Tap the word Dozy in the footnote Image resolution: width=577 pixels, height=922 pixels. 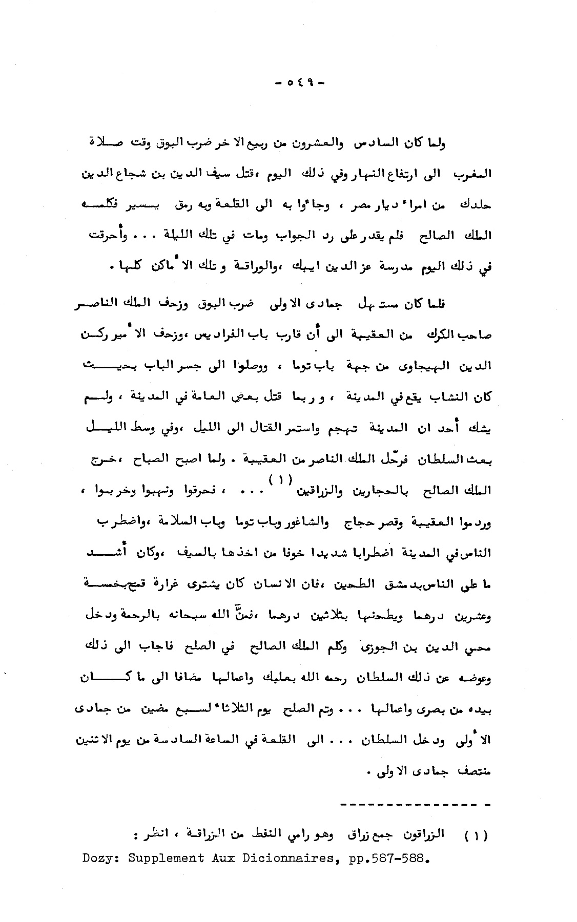[97, 858]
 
